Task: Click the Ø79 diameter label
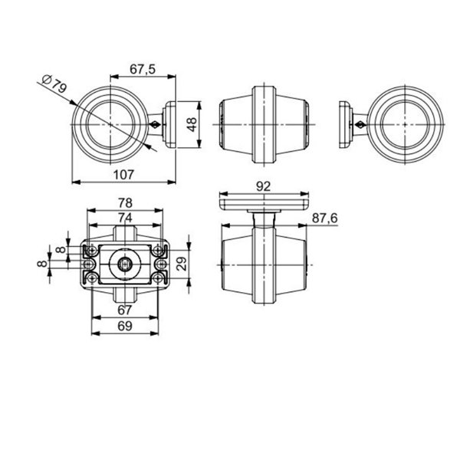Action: [x=54, y=84]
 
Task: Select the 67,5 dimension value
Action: [x=143, y=69]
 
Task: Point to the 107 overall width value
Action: [x=123, y=174]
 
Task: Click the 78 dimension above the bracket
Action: [x=124, y=203]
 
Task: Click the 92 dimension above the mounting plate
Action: [x=263, y=186]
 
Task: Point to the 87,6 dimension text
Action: [x=325, y=219]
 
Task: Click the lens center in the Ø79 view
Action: [x=111, y=123]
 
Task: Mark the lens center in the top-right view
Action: [x=406, y=123]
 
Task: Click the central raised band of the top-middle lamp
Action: [x=263, y=123]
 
